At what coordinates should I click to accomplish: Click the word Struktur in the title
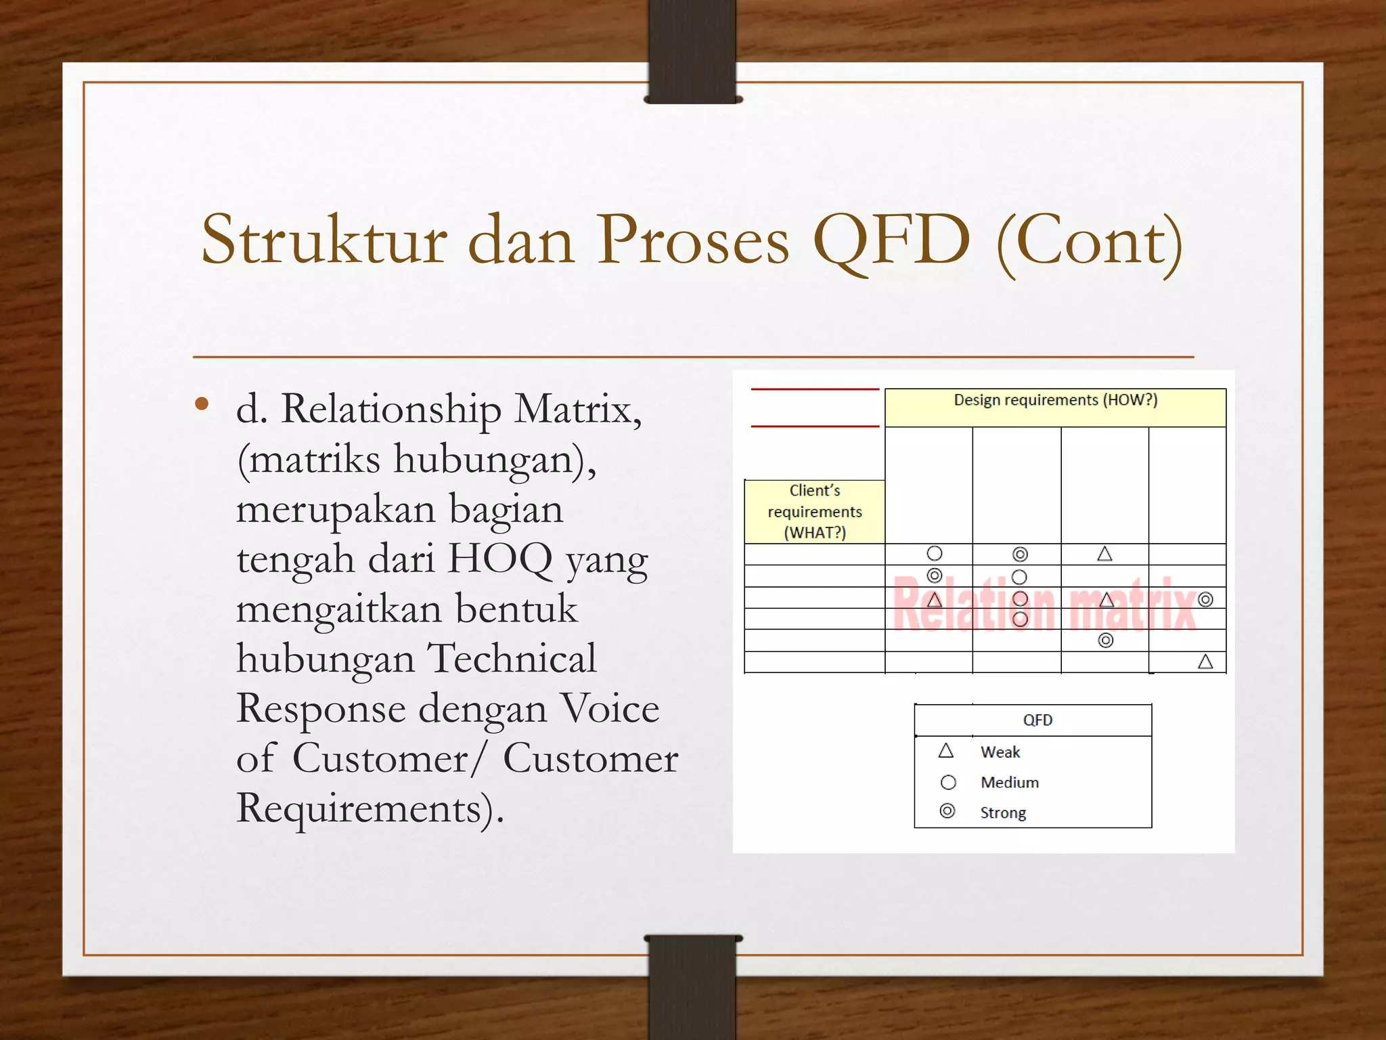324,241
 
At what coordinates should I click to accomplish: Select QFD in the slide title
892,241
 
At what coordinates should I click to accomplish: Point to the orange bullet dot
202,404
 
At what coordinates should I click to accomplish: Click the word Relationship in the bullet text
391,410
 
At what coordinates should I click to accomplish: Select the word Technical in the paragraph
512,659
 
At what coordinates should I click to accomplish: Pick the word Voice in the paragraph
610,709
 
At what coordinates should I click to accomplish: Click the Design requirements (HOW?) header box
1055,406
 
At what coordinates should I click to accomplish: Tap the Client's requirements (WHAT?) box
815,511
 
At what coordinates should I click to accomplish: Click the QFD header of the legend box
1037,720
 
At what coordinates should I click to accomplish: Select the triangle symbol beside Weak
946,750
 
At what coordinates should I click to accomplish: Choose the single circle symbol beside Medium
948,782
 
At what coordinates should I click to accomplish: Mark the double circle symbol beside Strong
947,811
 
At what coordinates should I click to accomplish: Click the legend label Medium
1010,782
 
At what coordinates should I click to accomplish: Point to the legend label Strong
1003,812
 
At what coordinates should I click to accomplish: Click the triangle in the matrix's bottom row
1205,662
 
